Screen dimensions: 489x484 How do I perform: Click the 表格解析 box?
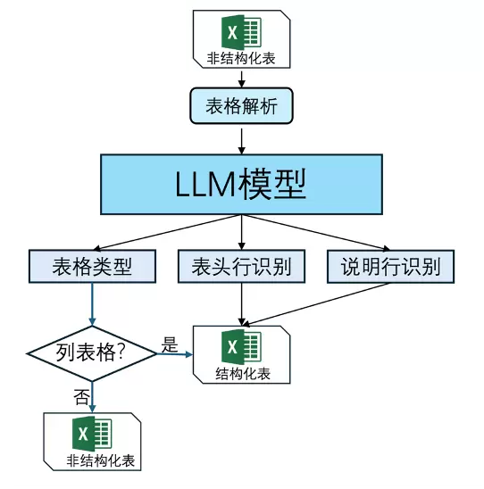click(x=241, y=106)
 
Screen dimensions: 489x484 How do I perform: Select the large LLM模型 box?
click(x=241, y=184)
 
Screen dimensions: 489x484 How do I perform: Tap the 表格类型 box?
click(x=92, y=266)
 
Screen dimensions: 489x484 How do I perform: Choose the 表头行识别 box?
click(x=241, y=266)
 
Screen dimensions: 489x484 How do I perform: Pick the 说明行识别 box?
click(x=389, y=266)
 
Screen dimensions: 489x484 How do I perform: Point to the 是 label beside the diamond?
click(x=170, y=344)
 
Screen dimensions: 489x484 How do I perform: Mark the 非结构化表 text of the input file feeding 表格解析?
click(x=241, y=60)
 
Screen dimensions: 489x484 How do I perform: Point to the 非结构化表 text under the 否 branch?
click(x=92, y=460)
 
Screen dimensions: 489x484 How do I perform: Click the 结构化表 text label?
click(x=242, y=373)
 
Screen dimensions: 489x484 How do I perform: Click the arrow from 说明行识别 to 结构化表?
click(x=321, y=303)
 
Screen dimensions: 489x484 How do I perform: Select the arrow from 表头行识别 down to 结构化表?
click(x=241, y=303)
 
